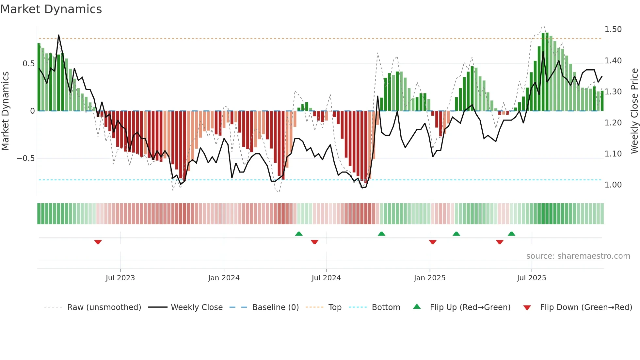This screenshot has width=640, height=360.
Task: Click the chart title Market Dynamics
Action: [x=51, y=9]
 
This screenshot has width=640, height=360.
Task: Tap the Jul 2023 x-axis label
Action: [x=120, y=278]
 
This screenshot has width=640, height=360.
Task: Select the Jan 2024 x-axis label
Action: [x=224, y=278]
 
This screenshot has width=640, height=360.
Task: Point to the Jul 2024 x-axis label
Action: [x=326, y=278]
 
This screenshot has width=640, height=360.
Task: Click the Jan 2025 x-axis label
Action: [x=429, y=278]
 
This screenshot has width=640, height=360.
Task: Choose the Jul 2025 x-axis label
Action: [x=531, y=278]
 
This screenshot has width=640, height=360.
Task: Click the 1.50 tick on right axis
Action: [x=613, y=29]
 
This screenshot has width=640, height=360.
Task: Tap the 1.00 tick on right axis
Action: [x=613, y=185]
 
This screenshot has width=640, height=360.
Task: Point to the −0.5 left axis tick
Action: [x=25, y=158]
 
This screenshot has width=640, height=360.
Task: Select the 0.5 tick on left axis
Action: [x=28, y=64]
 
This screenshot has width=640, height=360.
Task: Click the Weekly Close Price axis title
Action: [x=634, y=111]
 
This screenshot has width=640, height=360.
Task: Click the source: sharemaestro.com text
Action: [x=578, y=256]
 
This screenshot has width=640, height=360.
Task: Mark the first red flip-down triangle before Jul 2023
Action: [x=98, y=242]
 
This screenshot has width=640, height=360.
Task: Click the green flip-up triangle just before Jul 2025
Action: [x=512, y=234]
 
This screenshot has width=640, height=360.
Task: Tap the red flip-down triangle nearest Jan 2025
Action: [x=433, y=242]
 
